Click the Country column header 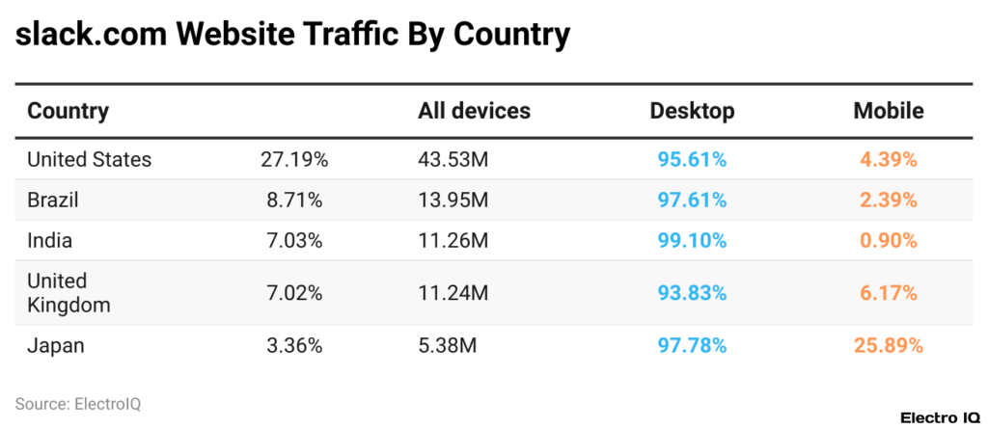[x=68, y=111]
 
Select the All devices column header [x=474, y=111]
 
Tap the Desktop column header [x=692, y=111]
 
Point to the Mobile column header [x=888, y=111]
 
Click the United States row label [x=89, y=160]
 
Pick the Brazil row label [x=52, y=201]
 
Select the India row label [x=49, y=241]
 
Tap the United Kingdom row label [x=69, y=293]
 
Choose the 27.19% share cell [x=294, y=160]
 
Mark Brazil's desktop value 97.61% [x=692, y=201]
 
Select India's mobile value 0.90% [x=888, y=241]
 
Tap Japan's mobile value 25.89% [x=888, y=345]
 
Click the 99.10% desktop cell [x=692, y=241]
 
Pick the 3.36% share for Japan [x=294, y=345]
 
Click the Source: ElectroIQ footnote [x=78, y=404]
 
